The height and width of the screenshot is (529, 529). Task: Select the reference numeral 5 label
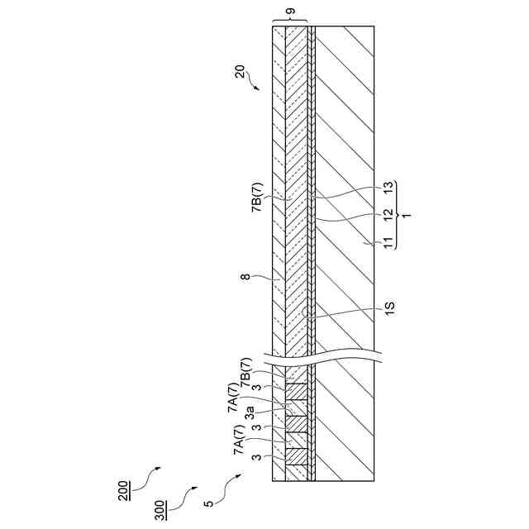[210, 501]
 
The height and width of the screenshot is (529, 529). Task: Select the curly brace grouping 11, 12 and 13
[397, 214]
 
